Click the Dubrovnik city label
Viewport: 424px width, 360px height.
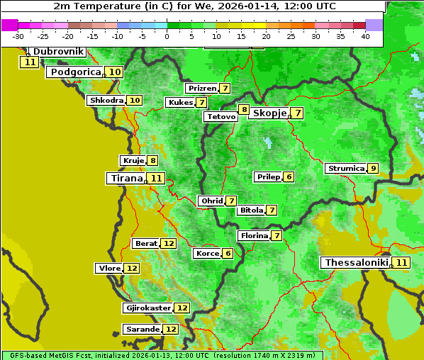58,52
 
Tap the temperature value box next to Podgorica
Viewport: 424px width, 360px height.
114,72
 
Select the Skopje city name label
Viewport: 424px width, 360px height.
269,113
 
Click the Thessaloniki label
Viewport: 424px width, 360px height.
357,262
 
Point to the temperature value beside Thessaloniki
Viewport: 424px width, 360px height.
402,263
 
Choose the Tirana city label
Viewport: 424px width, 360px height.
125,178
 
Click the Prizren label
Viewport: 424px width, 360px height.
201,89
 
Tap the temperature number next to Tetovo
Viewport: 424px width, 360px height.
244,110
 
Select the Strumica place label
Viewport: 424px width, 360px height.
346,169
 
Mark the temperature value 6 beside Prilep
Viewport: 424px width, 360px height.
289,176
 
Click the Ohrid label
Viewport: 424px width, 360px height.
211,201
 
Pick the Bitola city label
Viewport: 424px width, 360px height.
251,210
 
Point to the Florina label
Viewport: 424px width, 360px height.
254,235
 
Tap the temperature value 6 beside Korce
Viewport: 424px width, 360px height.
228,253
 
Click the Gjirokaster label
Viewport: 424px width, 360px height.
147,308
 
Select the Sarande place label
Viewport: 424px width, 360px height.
143,330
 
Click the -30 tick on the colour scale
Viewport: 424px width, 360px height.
18,36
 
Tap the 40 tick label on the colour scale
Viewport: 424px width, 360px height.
365,36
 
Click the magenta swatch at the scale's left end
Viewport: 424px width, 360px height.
10,25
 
